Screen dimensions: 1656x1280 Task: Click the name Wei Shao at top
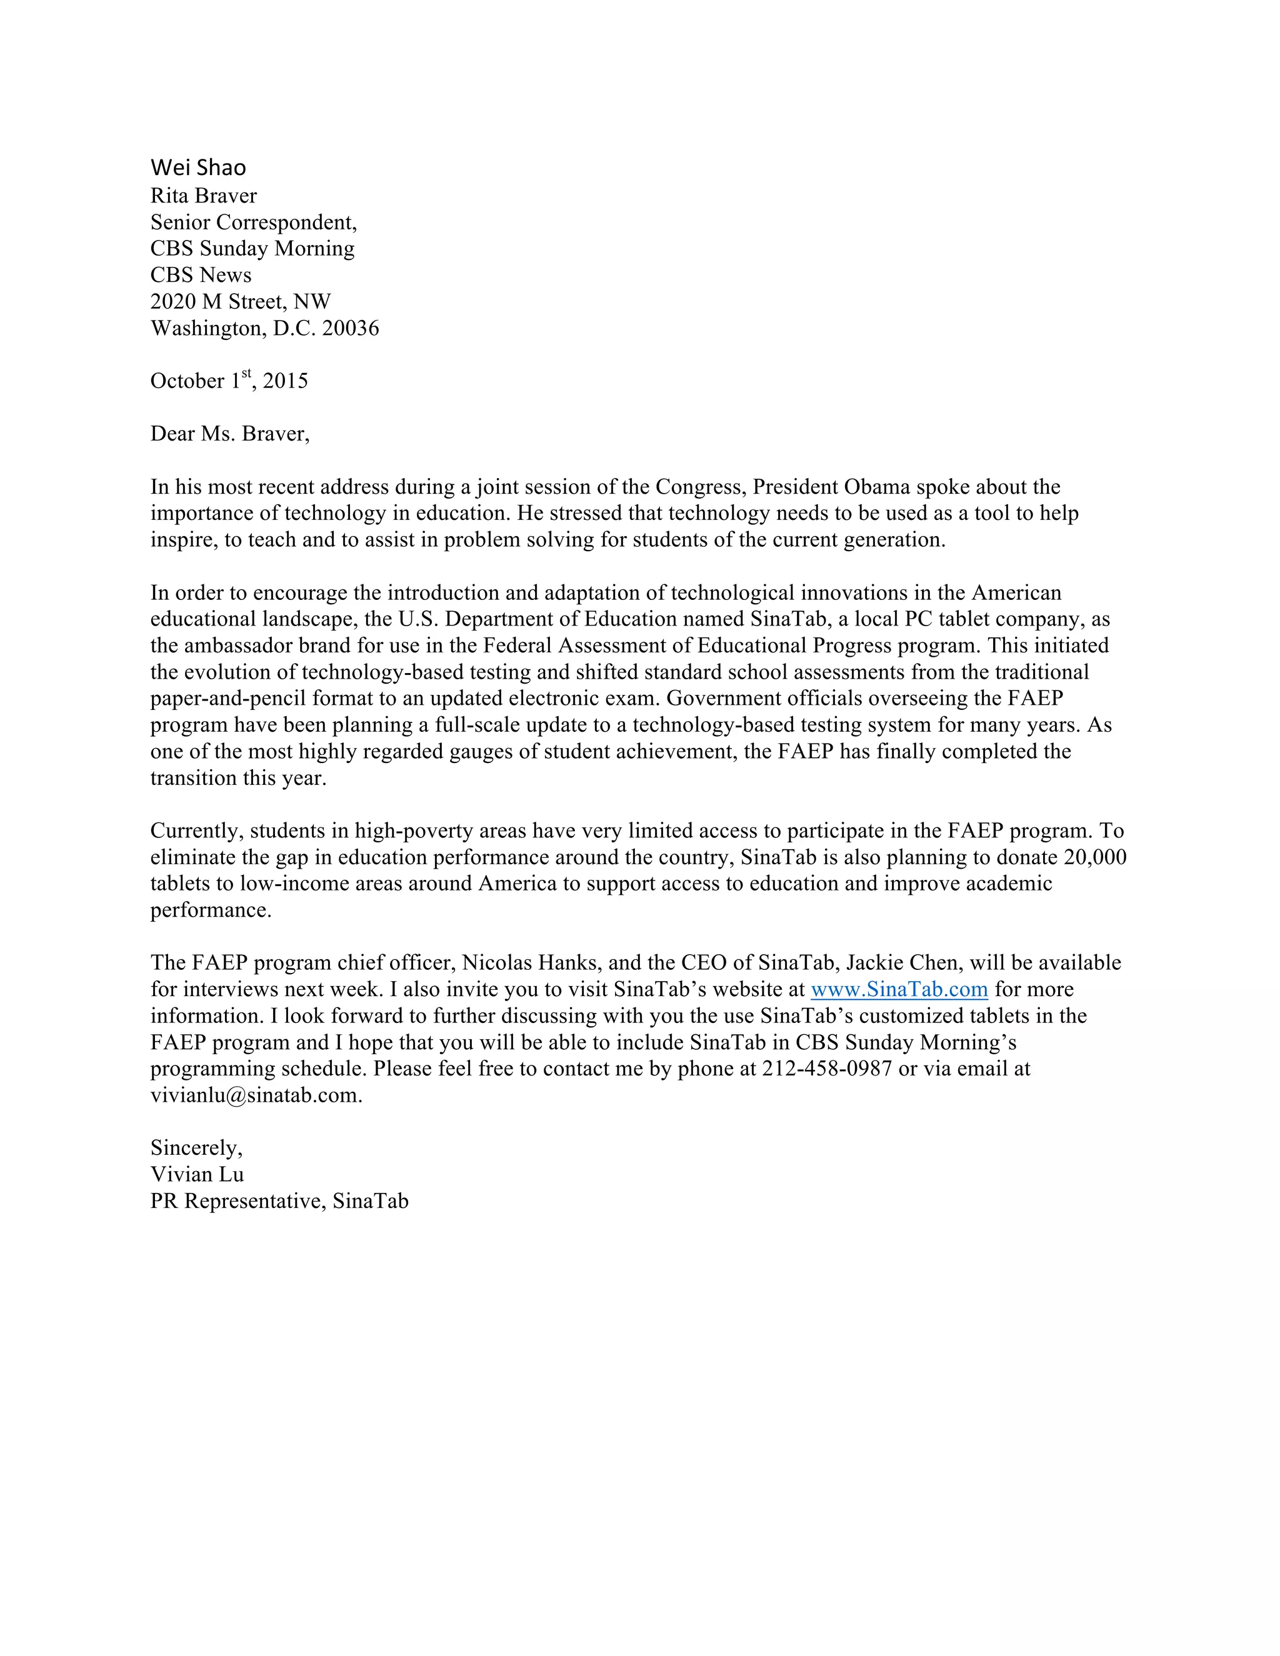click(198, 167)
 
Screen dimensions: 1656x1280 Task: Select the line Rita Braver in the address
click(203, 196)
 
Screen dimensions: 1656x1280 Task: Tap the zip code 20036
click(351, 328)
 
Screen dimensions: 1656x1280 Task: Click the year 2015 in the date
click(285, 381)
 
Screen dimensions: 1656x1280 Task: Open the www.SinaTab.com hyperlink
click(899, 989)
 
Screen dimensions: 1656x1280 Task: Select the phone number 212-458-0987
click(826, 1069)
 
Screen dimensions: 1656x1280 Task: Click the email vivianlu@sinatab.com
click(255, 1095)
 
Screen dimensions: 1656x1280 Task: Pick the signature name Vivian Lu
click(197, 1175)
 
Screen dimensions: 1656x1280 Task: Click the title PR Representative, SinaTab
click(279, 1201)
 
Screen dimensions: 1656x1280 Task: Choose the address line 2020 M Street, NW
click(241, 302)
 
